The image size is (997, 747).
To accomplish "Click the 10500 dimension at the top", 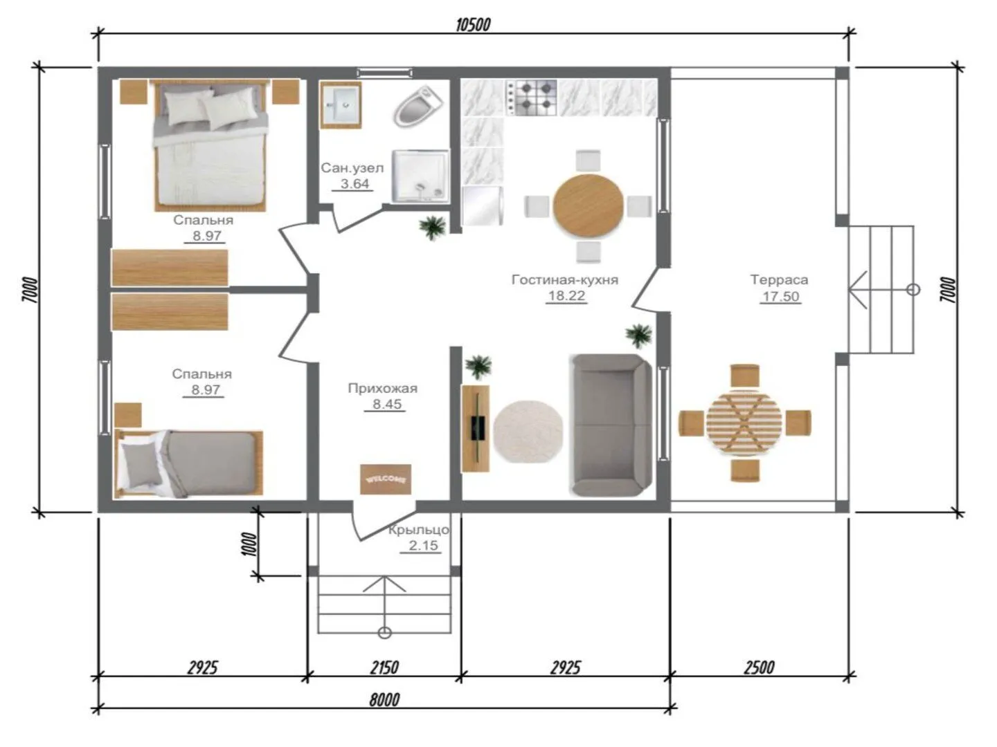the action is click(x=473, y=25).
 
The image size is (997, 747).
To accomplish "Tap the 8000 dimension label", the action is click(x=384, y=700).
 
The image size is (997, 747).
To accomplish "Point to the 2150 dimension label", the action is click(x=384, y=667).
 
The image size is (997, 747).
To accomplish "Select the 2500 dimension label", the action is click(x=759, y=667).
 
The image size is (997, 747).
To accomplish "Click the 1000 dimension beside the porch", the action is click(x=249, y=544).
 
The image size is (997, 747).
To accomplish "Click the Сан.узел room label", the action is click(x=352, y=168).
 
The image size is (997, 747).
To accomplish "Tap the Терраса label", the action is click(x=779, y=279).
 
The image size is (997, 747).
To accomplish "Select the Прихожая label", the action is click(x=382, y=388).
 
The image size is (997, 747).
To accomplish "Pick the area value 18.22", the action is click(x=566, y=296).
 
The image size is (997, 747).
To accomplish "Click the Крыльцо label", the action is click(x=418, y=529).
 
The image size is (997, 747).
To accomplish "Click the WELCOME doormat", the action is click(x=386, y=479).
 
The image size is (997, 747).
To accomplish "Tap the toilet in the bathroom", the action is click(x=417, y=107).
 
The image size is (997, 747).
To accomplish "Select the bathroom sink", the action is click(x=341, y=104).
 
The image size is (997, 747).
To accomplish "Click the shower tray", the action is click(x=420, y=176).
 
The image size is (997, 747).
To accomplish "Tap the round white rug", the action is click(x=528, y=432).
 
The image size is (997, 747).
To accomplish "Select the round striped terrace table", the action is click(x=744, y=423).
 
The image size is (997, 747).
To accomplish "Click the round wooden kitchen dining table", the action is click(x=589, y=206).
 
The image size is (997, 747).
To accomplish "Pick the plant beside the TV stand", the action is click(x=478, y=367).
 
